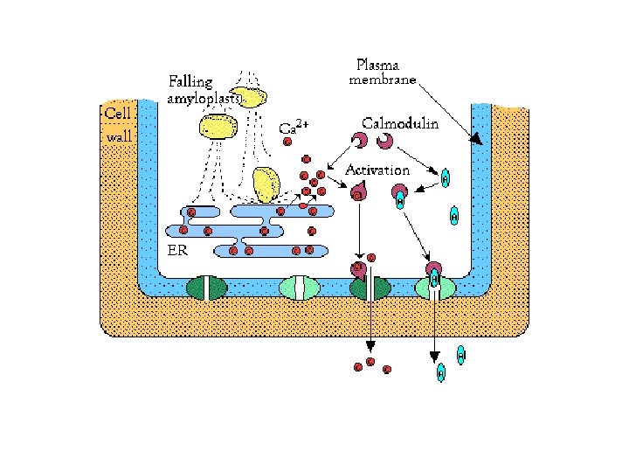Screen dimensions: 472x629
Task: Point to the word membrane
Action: (x=384, y=81)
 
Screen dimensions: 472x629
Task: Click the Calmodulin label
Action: (x=400, y=125)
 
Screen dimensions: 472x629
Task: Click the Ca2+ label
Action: (x=292, y=128)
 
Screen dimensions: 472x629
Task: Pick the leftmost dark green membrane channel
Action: (x=206, y=288)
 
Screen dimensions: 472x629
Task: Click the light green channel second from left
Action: (x=298, y=288)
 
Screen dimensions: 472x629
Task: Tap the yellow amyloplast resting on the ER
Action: (x=266, y=184)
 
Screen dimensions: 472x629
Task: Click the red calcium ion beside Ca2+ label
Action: (x=287, y=142)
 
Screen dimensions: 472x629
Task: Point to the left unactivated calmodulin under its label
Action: (x=359, y=140)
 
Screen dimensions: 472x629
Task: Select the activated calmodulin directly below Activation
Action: (x=359, y=189)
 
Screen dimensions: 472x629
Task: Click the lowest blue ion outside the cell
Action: (x=441, y=373)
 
